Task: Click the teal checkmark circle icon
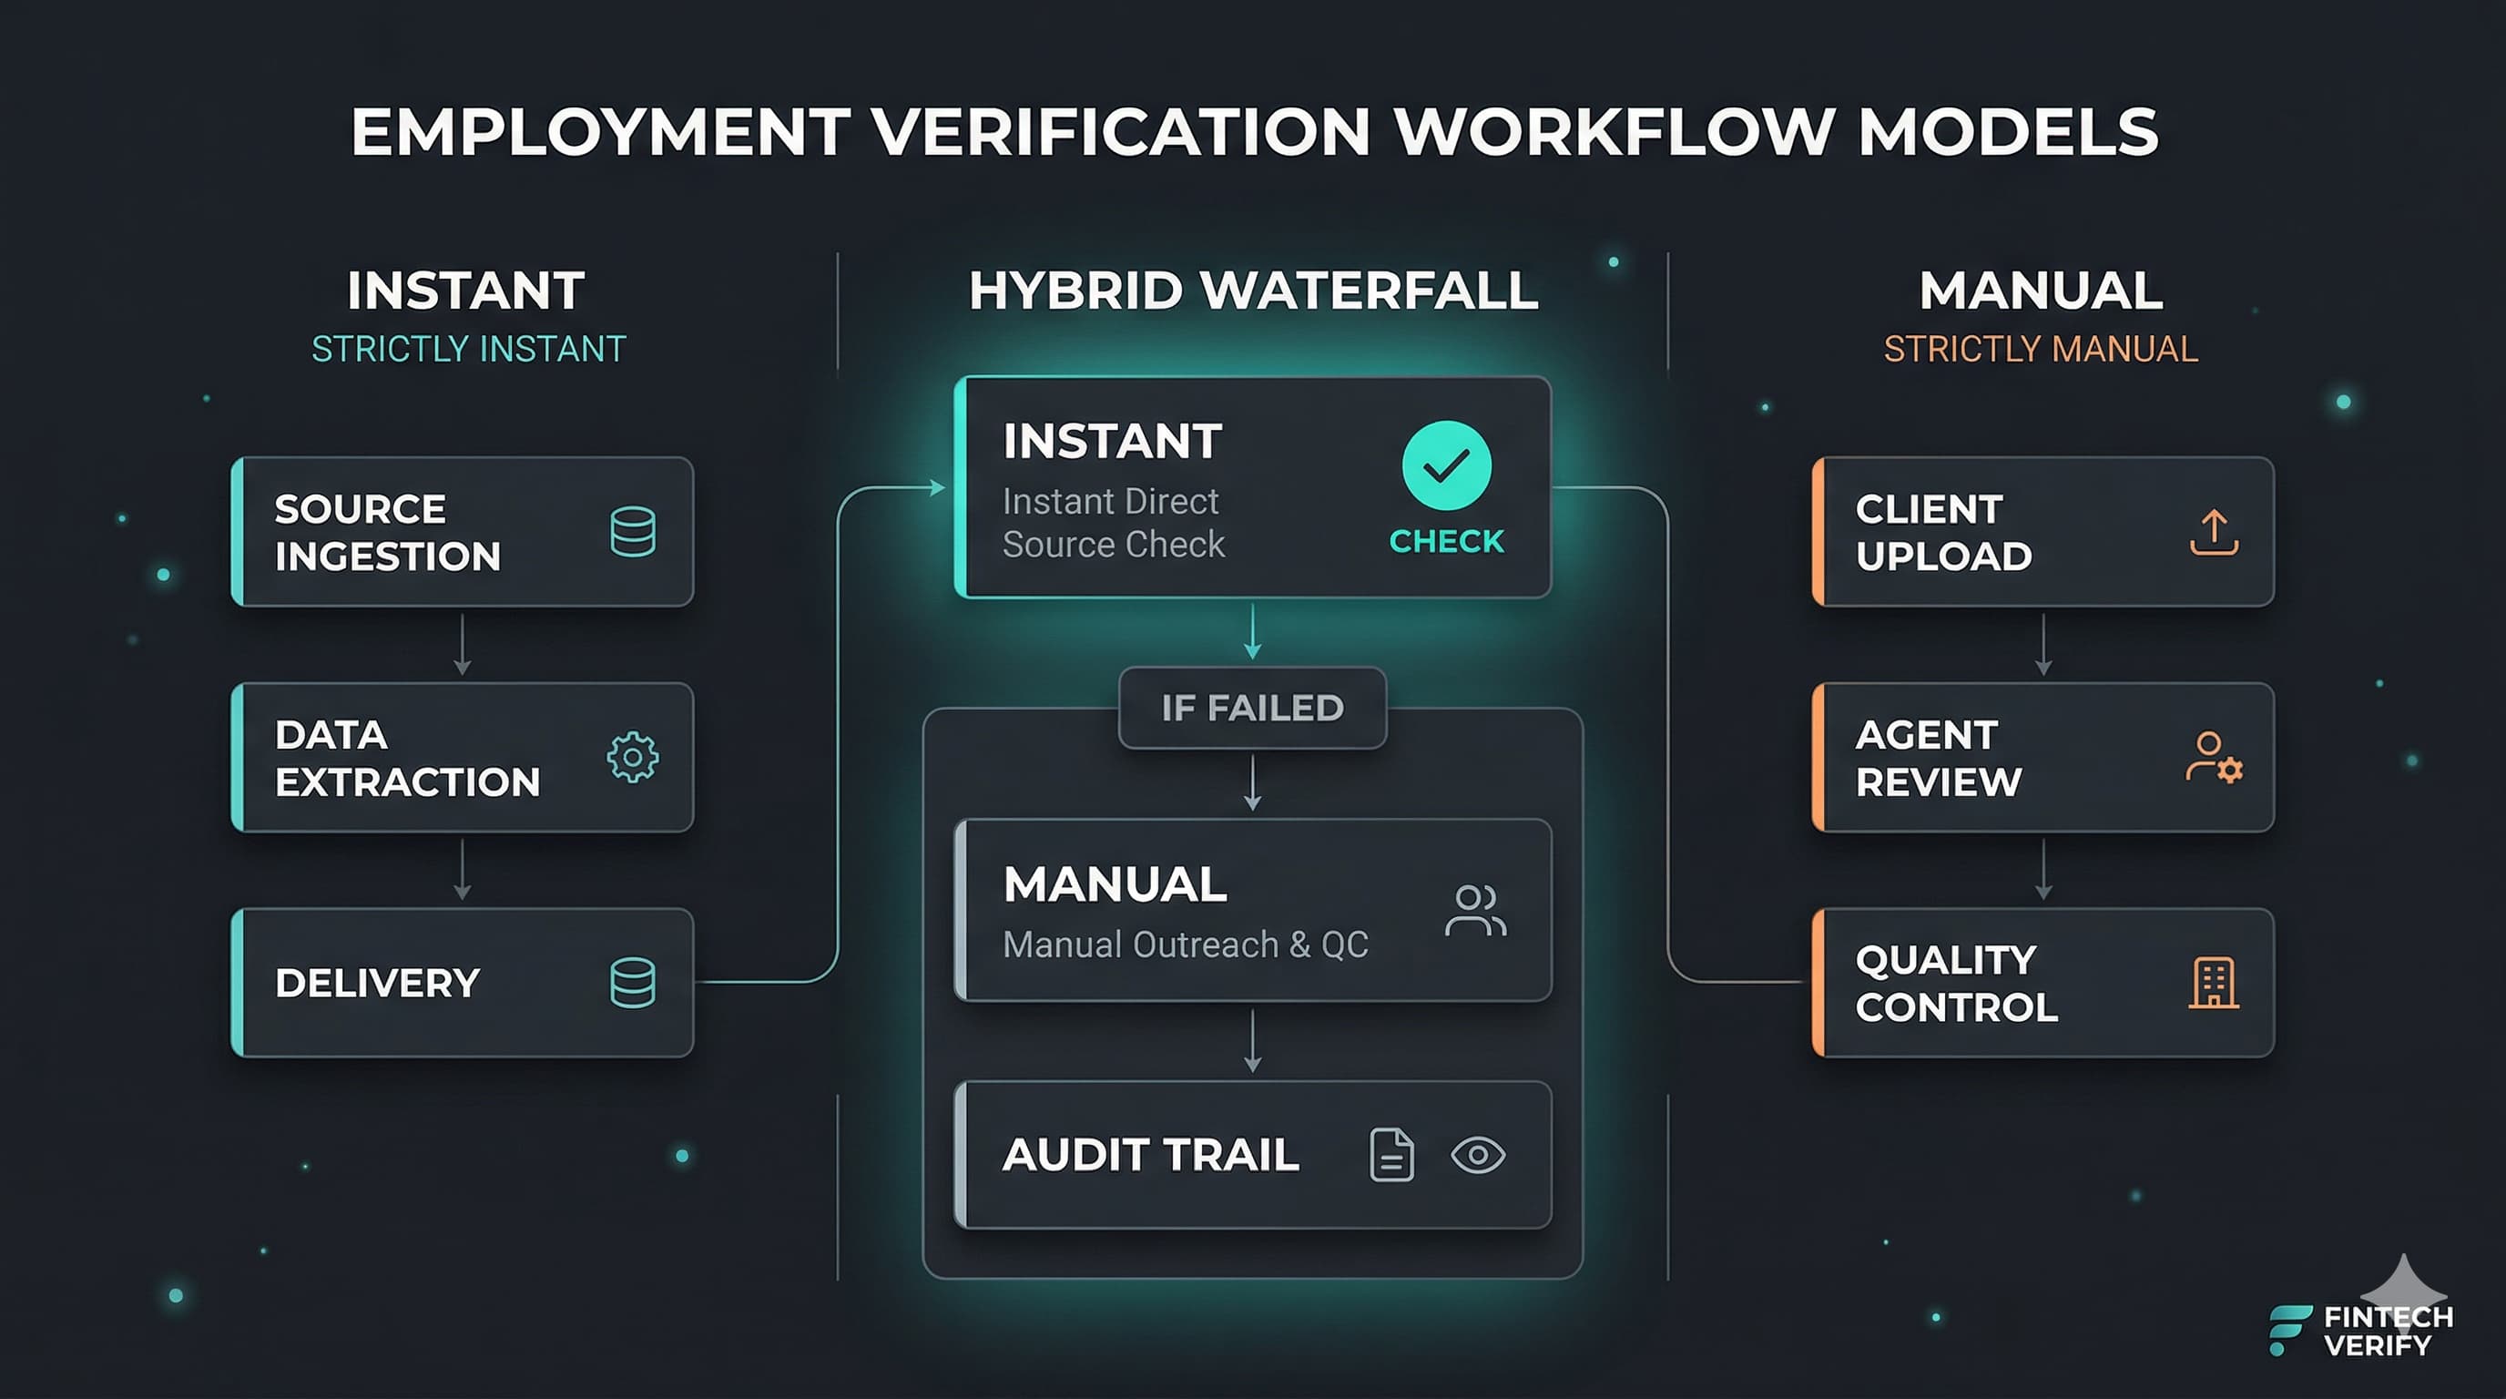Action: point(1446,465)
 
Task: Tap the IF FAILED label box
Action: point(1252,708)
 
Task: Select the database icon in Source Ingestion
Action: point(632,531)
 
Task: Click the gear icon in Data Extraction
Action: point(632,757)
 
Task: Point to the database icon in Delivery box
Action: point(632,983)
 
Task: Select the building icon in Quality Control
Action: point(2213,983)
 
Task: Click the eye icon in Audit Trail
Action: point(1478,1155)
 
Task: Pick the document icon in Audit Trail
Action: point(1391,1155)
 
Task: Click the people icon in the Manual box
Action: point(1475,911)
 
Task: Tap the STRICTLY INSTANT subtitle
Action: point(468,349)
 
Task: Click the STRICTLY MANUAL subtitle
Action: point(2040,349)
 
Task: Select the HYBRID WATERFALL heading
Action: point(1253,291)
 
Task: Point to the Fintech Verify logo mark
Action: point(2289,1330)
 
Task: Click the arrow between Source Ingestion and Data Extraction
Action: point(462,644)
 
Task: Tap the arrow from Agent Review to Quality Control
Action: point(2042,870)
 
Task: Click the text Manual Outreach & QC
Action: point(1185,945)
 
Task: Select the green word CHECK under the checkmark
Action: point(1447,541)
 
